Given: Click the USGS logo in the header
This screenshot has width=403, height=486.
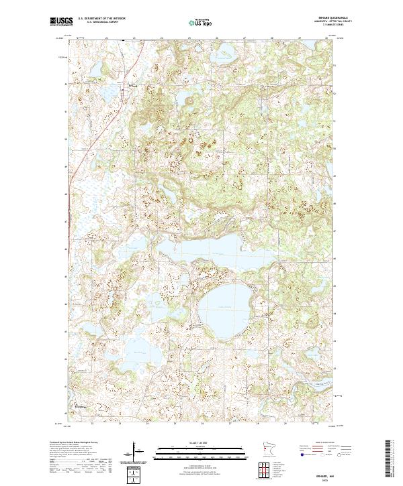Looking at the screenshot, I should tap(62, 23).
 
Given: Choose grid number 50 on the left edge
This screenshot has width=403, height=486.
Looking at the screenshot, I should tap(65, 139).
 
